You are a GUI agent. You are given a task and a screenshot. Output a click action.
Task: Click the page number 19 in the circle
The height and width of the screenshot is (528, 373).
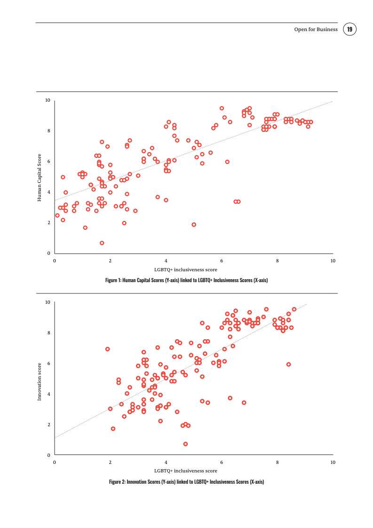pos(349,30)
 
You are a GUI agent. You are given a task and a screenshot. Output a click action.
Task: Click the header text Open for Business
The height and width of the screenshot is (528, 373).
pos(316,30)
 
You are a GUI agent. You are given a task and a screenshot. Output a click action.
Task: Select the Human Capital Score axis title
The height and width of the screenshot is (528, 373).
pos(40,177)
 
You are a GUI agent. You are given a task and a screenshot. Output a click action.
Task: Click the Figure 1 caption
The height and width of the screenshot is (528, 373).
pos(187,280)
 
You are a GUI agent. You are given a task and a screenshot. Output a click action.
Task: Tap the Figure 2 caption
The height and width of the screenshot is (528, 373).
pos(187,482)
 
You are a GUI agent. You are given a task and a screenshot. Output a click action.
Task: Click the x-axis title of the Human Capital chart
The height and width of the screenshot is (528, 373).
pos(186,269)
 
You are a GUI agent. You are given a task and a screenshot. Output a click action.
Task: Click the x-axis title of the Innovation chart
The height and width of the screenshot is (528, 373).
pos(186,471)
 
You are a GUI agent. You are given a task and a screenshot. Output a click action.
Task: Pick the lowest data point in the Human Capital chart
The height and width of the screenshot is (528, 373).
pos(102,243)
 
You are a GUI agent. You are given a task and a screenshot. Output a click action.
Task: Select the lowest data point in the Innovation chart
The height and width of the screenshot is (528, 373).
pos(186,444)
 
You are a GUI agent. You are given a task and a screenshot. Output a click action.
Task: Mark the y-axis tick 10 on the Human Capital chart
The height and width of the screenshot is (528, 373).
pos(48,100)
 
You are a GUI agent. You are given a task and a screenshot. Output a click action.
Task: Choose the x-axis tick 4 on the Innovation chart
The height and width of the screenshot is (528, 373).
pos(166,462)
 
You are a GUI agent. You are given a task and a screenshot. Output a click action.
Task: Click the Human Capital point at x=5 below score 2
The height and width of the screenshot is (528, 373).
pos(194,225)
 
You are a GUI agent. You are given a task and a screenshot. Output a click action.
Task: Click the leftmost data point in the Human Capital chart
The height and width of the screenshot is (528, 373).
pos(57,216)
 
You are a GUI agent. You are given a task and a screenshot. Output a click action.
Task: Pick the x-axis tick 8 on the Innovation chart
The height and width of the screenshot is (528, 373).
pos(277,462)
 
